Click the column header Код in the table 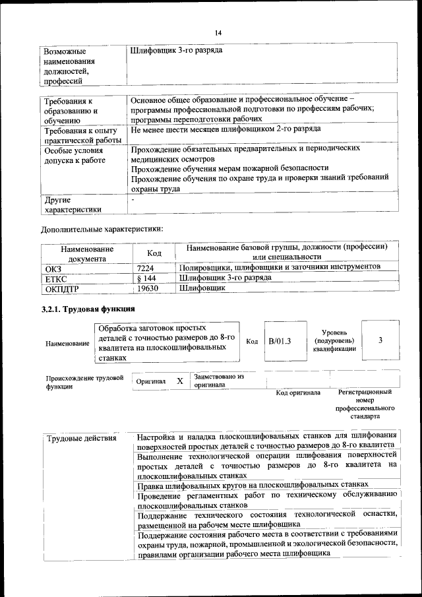click(154, 253)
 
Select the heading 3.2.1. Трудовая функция click(88, 309)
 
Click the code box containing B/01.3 click(280, 340)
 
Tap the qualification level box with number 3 click(380, 340)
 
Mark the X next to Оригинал click(179, 381)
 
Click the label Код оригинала click(298, 393)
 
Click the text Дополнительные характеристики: click(102, 229)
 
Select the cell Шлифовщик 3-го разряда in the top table click(176, 50)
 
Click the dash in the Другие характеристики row click(133, 199)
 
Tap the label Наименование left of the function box click(67, 344)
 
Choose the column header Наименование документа click(87, 254)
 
